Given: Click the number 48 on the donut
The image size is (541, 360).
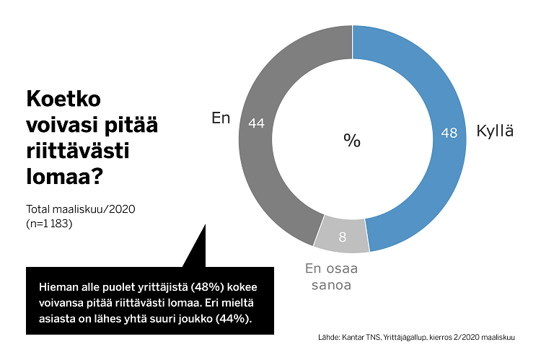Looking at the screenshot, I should (449, 133).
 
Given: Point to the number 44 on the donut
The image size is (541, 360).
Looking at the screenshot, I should (256, 123).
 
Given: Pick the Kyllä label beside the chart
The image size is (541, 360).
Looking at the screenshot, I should (495, 132).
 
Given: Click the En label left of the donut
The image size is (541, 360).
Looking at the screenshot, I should (221, 118).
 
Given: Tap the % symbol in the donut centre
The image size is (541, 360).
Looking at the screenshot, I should (352, 141).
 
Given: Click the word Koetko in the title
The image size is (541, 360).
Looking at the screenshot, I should (63, 99).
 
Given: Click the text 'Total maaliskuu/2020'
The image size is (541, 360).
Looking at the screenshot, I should (81, 209).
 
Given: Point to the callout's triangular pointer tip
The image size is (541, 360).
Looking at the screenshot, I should (204, 224).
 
